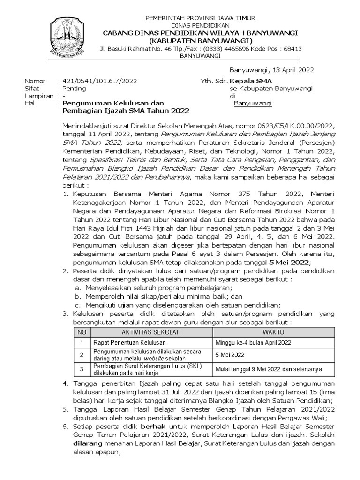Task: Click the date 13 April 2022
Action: coord(271,70)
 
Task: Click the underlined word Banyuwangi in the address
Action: coord(253,103)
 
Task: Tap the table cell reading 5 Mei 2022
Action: coord(229,355)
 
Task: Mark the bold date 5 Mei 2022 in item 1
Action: coord(290,262)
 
